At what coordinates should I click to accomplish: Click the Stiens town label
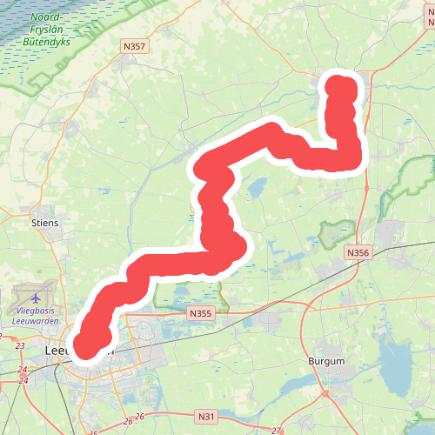(x=44, y=223)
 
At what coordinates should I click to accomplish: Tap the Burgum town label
(x=326, y=360)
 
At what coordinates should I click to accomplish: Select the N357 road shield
(x=135, y=47)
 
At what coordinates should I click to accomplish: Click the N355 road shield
(x=200, y=314)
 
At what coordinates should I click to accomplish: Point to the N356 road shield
(x=358, y=252)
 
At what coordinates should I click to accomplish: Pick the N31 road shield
(x=206, y=416)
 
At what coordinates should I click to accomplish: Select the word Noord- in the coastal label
(x=46, y=17)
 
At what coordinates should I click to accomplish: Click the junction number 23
(x=20, y=346)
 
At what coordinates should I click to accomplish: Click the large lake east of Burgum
(x=396, y=366)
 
